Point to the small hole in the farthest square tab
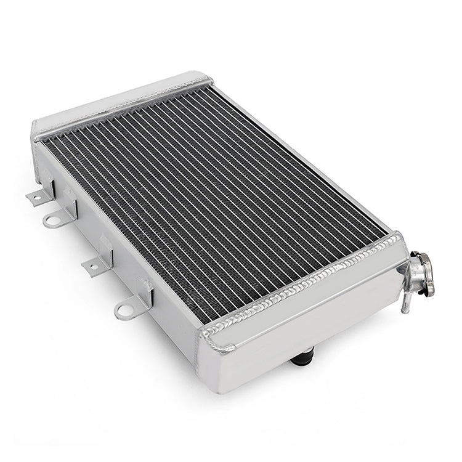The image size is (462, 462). [x=36, y=197]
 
